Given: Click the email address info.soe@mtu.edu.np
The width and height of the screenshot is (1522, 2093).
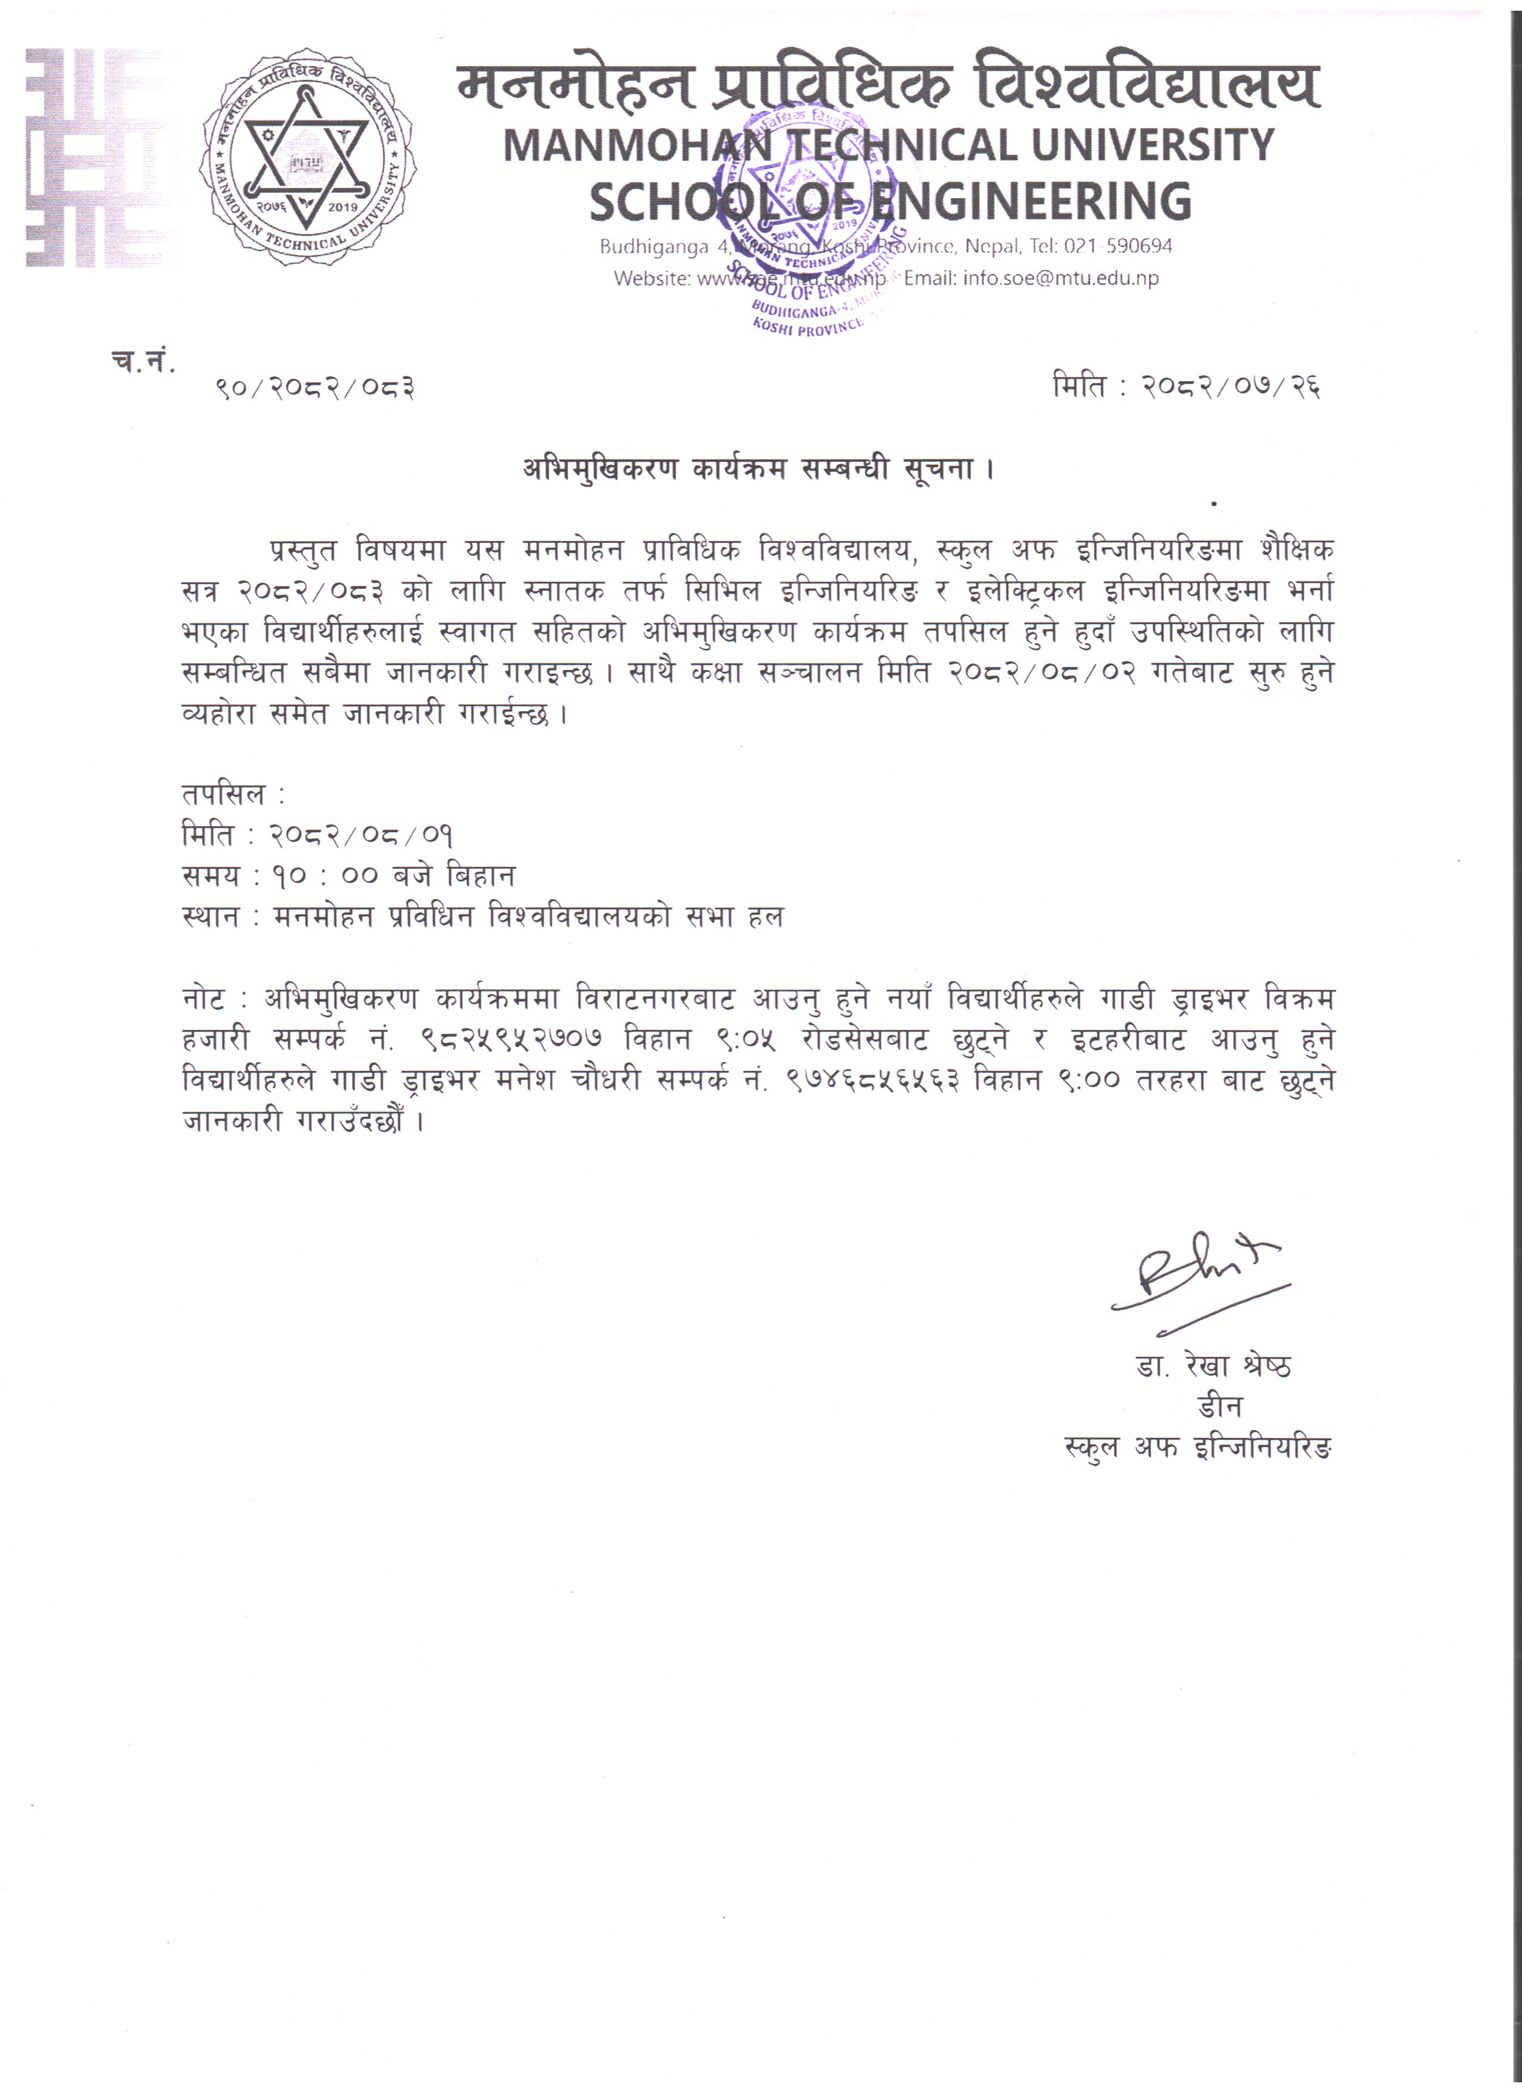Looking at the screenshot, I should click(x=1061, y=278).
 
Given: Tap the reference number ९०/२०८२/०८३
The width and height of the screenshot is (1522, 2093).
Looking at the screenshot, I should click(x=315, y=388).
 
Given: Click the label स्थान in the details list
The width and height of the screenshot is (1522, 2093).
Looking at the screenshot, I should click(x=211, y=917).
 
